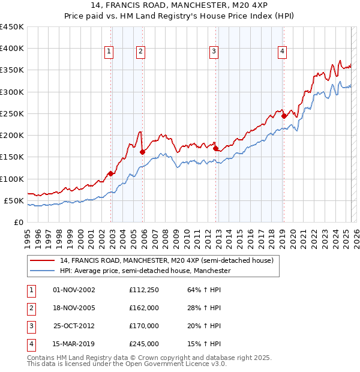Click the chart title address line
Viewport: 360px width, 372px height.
pyautogui.click(x=179, y=7)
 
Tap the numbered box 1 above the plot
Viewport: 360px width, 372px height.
pyautogui.click(x=109, y=52)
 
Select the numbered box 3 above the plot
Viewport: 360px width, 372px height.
pyautogui.click(x=214, y=52)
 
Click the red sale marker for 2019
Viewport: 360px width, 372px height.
pyautogui.click(x=284, y=116)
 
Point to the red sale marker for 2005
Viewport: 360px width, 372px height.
pyautogui.click(x=143, y=152)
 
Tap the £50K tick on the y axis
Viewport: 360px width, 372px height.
pyautogui.click(x=13, y=200)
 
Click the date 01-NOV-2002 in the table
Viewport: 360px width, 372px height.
pyautogui.click(x=74, y=290)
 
